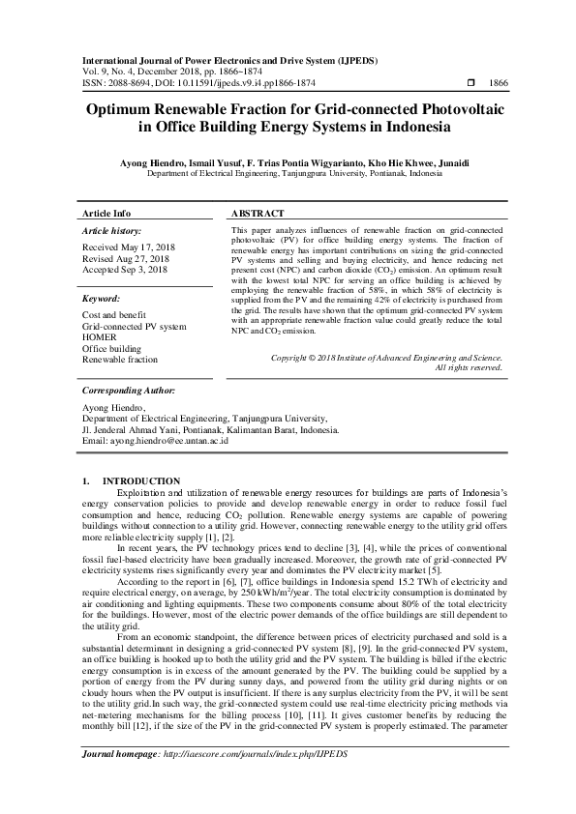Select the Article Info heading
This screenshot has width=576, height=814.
click(106, 213)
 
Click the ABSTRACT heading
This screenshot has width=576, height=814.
click(258, 213)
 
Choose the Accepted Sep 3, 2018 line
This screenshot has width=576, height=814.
click(124, 270)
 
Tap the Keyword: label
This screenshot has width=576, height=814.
click(102, 300)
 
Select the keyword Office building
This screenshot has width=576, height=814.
click(109, 347)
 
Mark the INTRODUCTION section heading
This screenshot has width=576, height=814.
click(141, 481)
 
